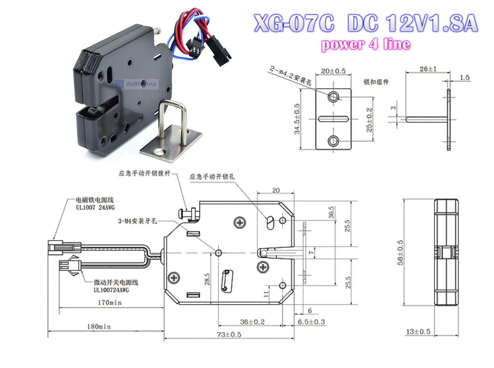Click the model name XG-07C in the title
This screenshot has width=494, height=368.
[x=294, y=23]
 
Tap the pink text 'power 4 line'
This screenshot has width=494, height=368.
[x=366, y=45]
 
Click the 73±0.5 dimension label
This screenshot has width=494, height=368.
[x=229, y=334]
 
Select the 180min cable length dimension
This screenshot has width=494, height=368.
[x=99, y=327]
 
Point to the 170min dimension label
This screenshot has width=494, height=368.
[x=110, y=302]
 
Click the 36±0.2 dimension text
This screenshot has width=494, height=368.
[x=252, y=322]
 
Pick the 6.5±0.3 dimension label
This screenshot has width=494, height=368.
[x=311, y=322]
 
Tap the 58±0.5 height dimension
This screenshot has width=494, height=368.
[x=400, y=252]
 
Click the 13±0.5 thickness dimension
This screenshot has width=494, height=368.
[x=418, y=331]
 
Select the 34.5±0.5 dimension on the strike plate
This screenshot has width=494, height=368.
[x=297, y=119]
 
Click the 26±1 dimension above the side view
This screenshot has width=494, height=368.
[x=428, y=69]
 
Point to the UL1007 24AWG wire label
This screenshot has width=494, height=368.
[x=95, y=207]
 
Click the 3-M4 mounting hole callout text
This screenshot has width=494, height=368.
[x=137, y=221]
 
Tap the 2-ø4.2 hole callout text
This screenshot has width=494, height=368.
[x=290, y=75]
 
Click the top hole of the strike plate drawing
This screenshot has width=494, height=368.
[x=333, y=97]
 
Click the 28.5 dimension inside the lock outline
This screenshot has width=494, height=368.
[x=207, y=279]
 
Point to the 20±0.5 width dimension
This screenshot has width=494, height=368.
[x=333, y=71]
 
